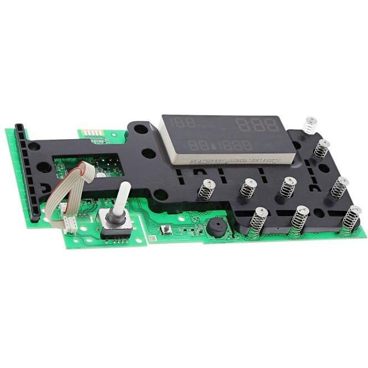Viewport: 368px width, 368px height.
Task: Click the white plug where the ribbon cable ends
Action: (70, 224)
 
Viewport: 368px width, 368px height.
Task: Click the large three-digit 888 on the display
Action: (257, 125)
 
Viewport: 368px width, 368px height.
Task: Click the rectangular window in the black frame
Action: (89, 167)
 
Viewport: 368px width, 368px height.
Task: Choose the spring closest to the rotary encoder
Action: (206, 190)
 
